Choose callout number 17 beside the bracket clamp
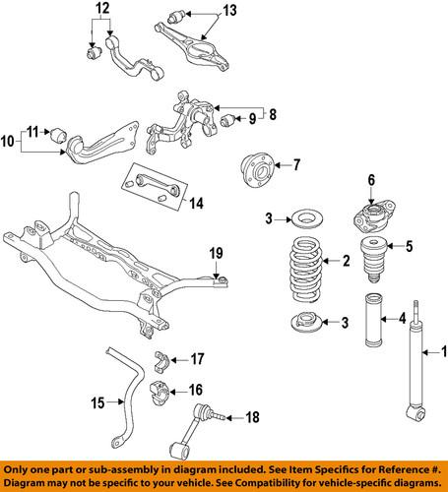(198, 358)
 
